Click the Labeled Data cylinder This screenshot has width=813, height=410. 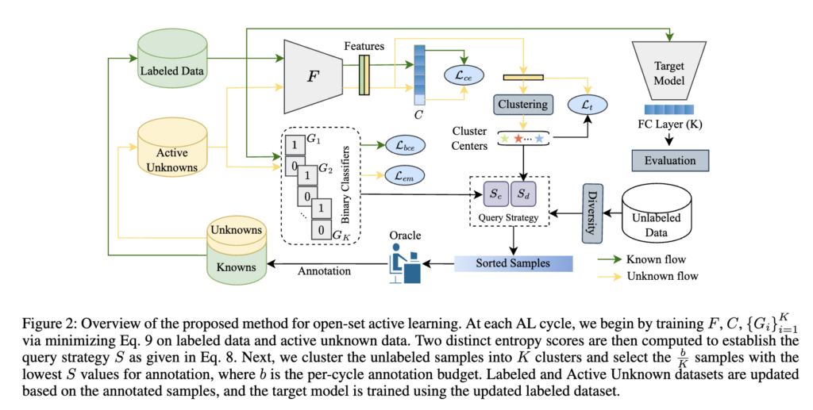click(x=171, y=64)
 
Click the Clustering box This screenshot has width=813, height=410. click(x=522, y=104)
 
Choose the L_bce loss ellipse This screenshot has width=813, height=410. click(x=405, y=144)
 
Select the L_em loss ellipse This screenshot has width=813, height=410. click(x=405, y=175)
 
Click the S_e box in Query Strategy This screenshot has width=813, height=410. click(x=495, y=193)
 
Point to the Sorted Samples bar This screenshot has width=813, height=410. click(x=513, y=262)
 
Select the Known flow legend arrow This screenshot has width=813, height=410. click(x=612, y=260)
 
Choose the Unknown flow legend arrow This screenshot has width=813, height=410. click(x=612, y=276)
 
